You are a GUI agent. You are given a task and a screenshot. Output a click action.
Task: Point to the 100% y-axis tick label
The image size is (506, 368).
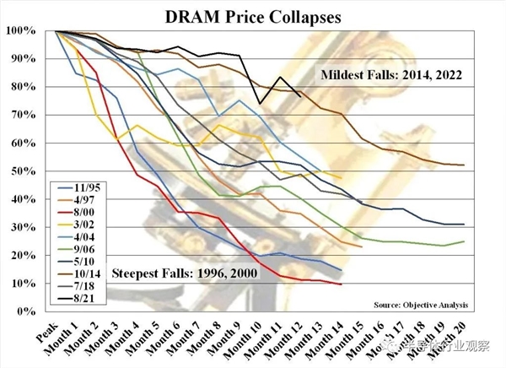pyautogui.click(x=20, y=31)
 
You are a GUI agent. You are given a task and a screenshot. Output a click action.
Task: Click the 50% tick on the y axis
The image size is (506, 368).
pyautogui.click(x=23, y=171)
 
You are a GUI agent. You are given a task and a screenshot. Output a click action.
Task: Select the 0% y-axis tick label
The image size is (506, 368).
pyautogui.click(x=25, y=311)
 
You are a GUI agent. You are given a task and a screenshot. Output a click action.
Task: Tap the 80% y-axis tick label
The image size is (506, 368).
pyautogui.click(x=23, y=87)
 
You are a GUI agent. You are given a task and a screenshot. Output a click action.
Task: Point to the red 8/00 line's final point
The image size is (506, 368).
pyautogui.click(x=340, y=284)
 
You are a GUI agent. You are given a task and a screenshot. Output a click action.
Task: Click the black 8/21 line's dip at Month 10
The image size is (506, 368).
pyautogui.click(x=260, y=104)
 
